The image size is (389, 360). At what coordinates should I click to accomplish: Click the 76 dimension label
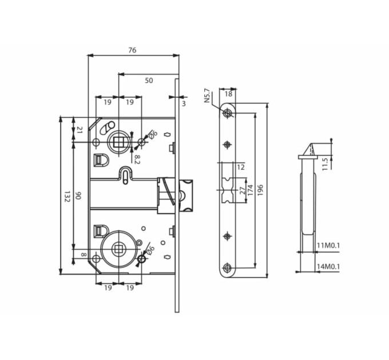click(132, 50)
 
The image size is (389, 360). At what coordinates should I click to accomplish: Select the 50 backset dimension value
click(149, 81)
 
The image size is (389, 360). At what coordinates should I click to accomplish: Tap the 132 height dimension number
click(67, 196)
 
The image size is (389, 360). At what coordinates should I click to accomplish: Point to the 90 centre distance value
click(78, 196)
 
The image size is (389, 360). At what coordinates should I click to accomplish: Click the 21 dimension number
click(79, 130)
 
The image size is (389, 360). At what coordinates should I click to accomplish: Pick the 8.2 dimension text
click(137, 159)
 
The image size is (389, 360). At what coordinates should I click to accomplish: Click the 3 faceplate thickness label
click(184, 103)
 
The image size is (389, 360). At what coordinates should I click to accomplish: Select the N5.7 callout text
click(207, 97)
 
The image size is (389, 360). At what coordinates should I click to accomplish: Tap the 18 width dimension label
click(228, 94)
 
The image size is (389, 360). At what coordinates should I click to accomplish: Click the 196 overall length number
click(260, 190)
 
